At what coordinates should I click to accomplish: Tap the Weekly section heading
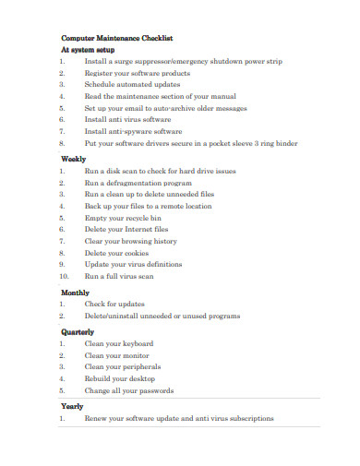coord(74,159)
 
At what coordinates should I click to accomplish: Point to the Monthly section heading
coord(77,292)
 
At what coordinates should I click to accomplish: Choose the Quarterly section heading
coord(78,331)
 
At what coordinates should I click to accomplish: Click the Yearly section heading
coord(72,406)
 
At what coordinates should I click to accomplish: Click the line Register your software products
coord(138,73)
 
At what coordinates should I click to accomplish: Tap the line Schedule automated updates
coord(132,84)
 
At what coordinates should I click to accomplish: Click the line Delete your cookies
coord(116,253)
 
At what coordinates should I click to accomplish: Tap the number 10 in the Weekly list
coord(64,276)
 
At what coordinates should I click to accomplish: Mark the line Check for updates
coord(114,304)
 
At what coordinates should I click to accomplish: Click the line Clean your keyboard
coord(119,343)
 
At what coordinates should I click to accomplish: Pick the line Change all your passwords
coord(130,389)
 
